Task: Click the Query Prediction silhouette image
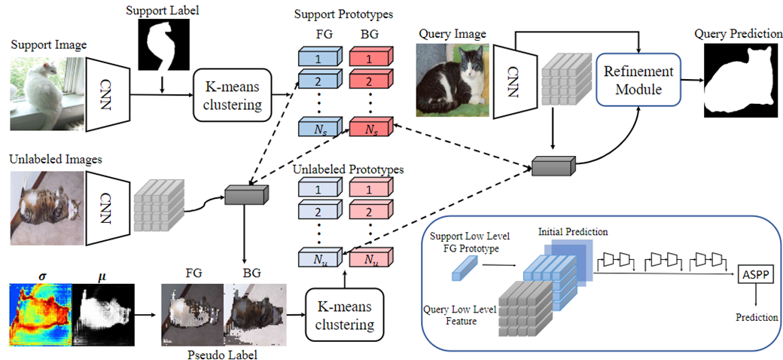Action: (x=741, y=79)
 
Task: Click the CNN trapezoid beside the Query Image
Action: (x=511, y=79)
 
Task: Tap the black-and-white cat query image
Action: (x=449, y=79)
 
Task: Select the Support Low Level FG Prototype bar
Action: (x=465, y=268)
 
